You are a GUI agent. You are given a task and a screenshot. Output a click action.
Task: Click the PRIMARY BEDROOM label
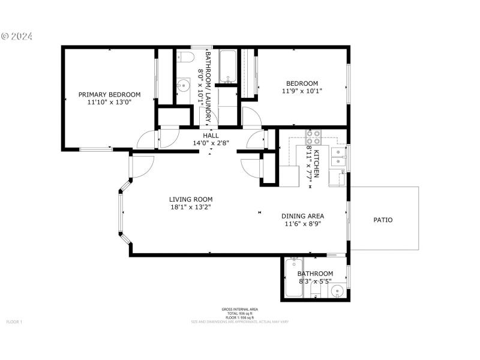(109, 94)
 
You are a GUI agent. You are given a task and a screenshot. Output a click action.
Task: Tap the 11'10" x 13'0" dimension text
(109, 103)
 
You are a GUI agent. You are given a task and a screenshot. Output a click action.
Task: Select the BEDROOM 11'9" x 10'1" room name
(302, 83)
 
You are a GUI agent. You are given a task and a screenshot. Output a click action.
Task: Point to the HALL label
(210, 136)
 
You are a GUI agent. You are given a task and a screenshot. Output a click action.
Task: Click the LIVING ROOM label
(190, 199)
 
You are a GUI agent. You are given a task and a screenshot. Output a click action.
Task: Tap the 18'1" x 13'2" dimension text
(190, 208)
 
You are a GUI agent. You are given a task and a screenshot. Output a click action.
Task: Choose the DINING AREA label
(303, 216)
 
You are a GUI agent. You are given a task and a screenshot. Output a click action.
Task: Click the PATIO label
(383, 220)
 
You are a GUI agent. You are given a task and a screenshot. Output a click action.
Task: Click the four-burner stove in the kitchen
(314, 137)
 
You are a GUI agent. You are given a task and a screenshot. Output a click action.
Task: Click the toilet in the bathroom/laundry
(185, 58)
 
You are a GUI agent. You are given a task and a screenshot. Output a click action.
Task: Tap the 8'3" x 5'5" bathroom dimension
(315, 281)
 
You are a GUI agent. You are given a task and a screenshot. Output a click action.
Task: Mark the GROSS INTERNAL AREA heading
(239, 310)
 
